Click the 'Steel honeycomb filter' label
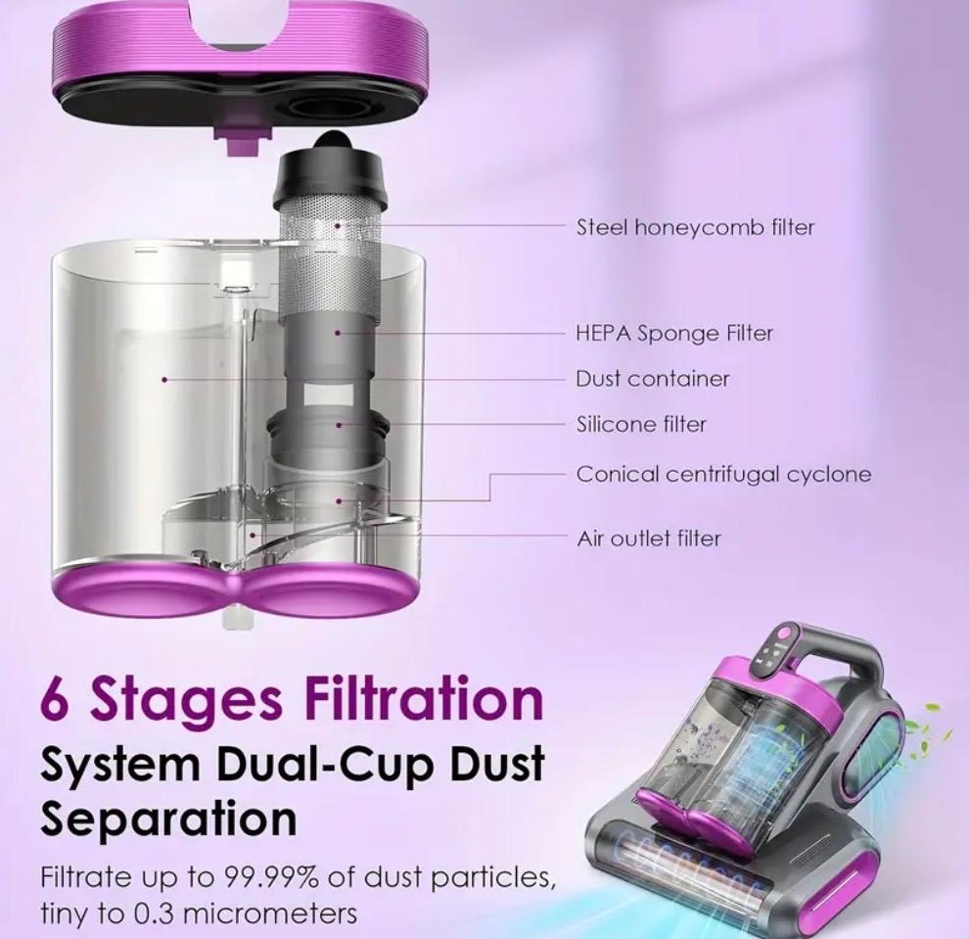coord(695,227)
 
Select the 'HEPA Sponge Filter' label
coord(674,333)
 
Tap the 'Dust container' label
coord(652,379)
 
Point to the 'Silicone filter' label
coord(641,425)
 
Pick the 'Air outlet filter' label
coord(649,539)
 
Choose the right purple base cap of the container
coord(323,595)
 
